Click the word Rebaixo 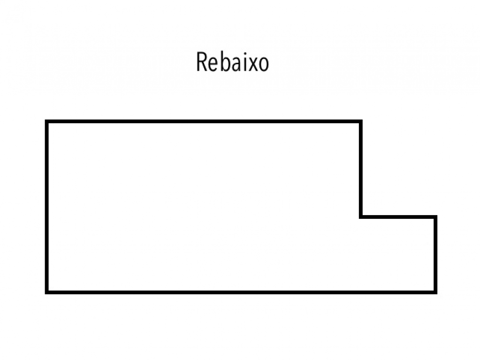click(x=232, y=62)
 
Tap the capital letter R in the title click(x=201, y=62)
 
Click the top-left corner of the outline click(x=47, y=122)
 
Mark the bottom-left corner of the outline click(x=47, y=292)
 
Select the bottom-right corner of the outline click(x=435, y=292)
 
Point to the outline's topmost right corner click(x=360, y=122)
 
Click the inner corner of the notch click(x=361, y=217)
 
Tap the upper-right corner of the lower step click(x=435, y=217)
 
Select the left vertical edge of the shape click(x=47, y=206)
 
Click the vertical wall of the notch click(x=361, y=169)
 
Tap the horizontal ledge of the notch click(x=398, y=217)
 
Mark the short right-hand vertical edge click(x=435, y=255)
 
